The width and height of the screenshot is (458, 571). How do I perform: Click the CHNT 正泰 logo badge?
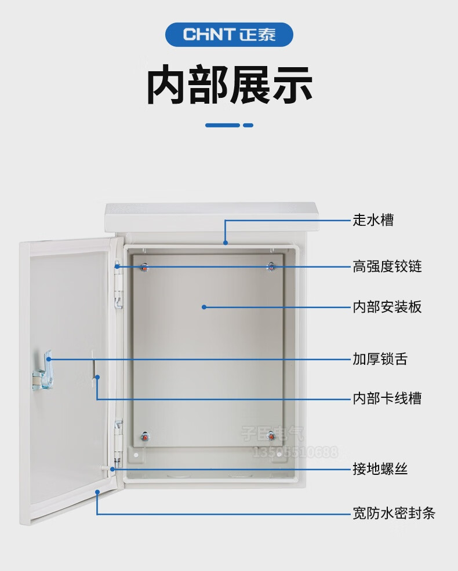[229, 35]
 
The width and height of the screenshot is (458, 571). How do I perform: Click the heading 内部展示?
[229, 86]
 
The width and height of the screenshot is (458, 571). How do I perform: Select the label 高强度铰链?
[387, 266]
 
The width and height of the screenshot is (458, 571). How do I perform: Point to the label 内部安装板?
[387, 307]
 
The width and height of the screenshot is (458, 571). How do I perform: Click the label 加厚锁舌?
[380, 359]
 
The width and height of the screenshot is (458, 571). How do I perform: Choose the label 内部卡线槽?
[387, 398]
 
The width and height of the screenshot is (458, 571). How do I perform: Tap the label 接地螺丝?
[380, 468]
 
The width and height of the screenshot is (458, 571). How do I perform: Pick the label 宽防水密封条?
[394, 513]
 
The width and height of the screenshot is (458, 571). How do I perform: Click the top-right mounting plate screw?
[271, 266]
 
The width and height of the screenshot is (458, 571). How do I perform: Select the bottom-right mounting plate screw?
[271, 435]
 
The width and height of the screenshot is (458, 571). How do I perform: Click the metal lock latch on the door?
[42, 371]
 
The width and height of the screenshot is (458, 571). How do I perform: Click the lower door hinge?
[119, 437]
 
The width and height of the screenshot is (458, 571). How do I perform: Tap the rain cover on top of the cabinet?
[212, 218]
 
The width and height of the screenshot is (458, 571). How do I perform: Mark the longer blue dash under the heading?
[223, 125]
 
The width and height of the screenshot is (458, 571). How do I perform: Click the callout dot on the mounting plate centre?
[204, 307]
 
